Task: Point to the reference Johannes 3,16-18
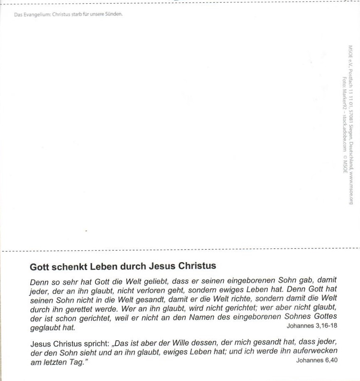coord(311,326)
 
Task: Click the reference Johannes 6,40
coord(316,360)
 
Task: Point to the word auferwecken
coord(316,352)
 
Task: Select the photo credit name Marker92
coord(344,97)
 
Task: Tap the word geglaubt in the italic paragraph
coord(45,327)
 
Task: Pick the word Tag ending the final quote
coord(79,362)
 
